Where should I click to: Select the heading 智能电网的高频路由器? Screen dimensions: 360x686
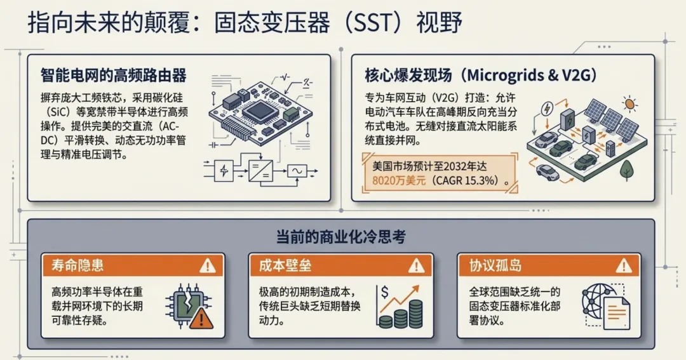pyautogui.click(x=114, y=76)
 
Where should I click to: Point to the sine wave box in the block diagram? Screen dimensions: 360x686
pyautogui.click(x=297, y=170)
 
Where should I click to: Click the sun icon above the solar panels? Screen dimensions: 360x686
pyautogui.click(x=629, y=103)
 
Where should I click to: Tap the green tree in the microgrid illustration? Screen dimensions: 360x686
pyautogui.click(x=627, y=169)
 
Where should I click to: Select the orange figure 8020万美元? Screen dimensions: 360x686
pyautogui.click(x=399, y=181)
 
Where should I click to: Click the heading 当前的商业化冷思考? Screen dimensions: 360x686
pyautogui.click(x=340, y=237)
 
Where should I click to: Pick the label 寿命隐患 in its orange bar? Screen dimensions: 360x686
pyautogui.click(x=78, y=265)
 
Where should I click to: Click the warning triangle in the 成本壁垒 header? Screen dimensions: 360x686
pyautogui.click(x=416, y=265)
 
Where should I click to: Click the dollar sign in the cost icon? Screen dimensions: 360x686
pyautogui.click(x=384, y=293)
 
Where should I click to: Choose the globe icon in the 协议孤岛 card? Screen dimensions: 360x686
pyautogui.click(x=596, y=299)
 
